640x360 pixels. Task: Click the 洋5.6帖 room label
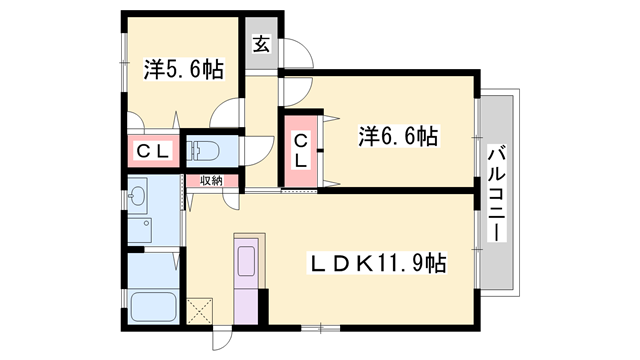click(183, 69)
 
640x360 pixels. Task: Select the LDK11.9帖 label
click(375, 264)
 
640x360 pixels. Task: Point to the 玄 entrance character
click(261, 44)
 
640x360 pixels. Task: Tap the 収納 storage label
click(210, 181)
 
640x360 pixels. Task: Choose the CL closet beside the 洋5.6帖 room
click(151, 152)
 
